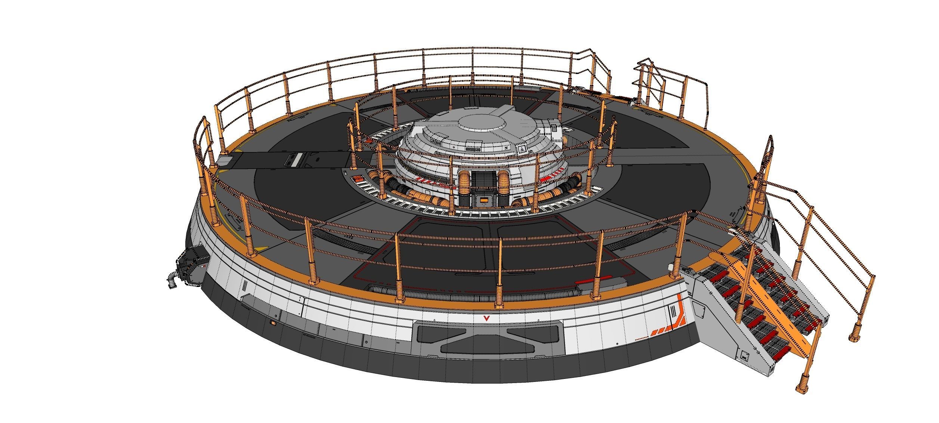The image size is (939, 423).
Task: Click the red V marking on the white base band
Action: click(x=486, y=318)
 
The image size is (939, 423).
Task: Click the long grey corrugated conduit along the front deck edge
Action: click(x=471, y=292)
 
